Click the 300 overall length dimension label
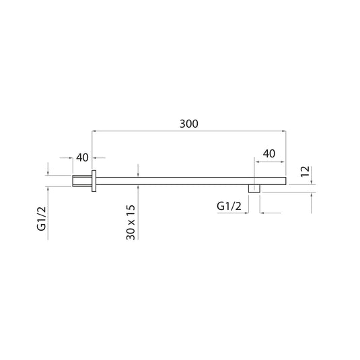[188, 124]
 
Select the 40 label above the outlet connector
[268, 153]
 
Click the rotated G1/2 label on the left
[41, 218]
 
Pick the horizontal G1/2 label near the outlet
[229, 207]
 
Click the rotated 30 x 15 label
[131, 221]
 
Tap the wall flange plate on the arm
[96, 180]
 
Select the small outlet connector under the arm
[254, 188]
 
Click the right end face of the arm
[287, 180]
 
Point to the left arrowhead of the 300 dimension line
[95, 131]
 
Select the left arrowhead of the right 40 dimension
[256, 160]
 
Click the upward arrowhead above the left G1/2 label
[48, 188]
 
